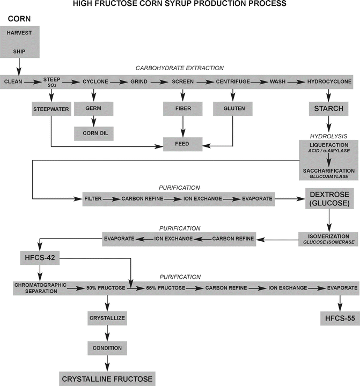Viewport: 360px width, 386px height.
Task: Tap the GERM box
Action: (93, 109)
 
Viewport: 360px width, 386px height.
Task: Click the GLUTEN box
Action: (232, 109)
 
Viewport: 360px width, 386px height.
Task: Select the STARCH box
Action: (328, 109)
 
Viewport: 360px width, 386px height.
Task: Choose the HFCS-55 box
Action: (337, 318)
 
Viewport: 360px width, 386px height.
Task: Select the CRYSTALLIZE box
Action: (107, 318)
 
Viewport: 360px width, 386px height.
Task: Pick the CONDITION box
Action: (107, 348)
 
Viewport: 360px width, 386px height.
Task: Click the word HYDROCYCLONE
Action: (329, 81)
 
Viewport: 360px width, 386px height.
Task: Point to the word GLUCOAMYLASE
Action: (328, 176)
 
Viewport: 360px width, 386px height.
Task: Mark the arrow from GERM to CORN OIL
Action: (93, 120)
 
